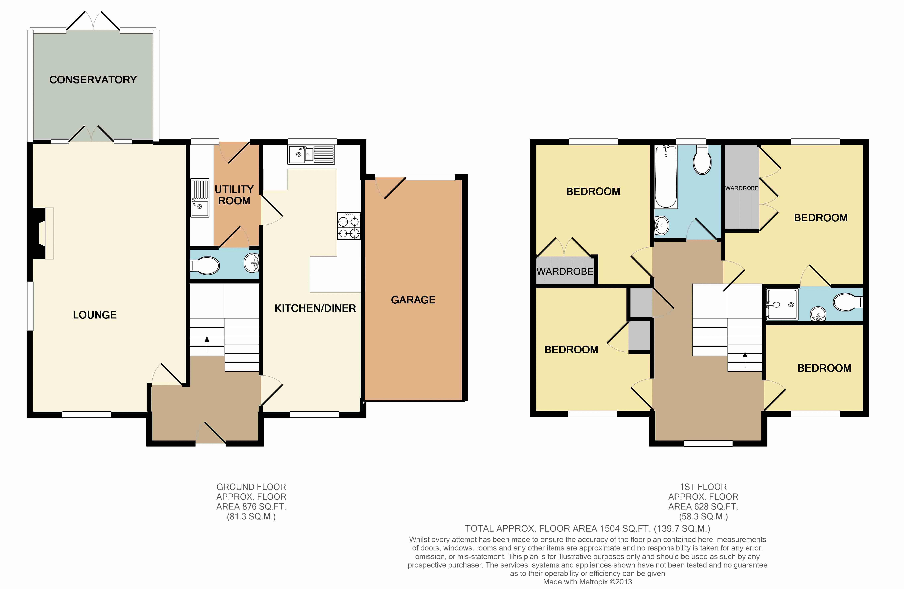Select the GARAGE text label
click(x=413, y=300)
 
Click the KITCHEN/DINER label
click(x=315, y=308)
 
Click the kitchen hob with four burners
click(x=349, y=226)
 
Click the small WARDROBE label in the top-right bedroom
click(x=741, y=188)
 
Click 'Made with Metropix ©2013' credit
click(x=588, y=582)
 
